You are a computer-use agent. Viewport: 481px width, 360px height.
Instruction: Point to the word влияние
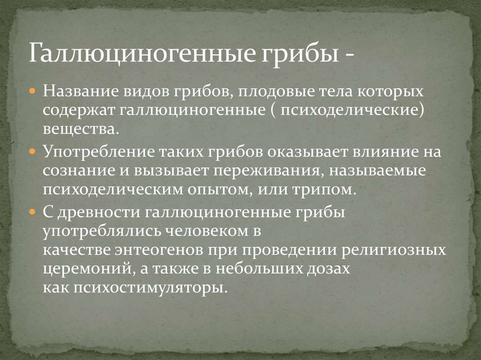379,153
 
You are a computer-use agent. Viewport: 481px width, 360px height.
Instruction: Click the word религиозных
393,250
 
